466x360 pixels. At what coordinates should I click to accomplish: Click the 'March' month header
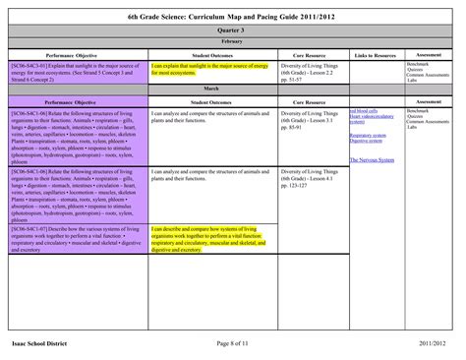pyautogui.click(x=233, y=89)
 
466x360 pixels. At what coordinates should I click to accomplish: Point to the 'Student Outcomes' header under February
pyautogui.click(x=211, y=55)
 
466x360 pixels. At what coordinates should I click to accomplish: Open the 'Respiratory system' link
pyautogui.click(x=367, y=135)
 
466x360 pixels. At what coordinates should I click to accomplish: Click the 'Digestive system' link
pyautogui.click(x=365, y=142)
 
